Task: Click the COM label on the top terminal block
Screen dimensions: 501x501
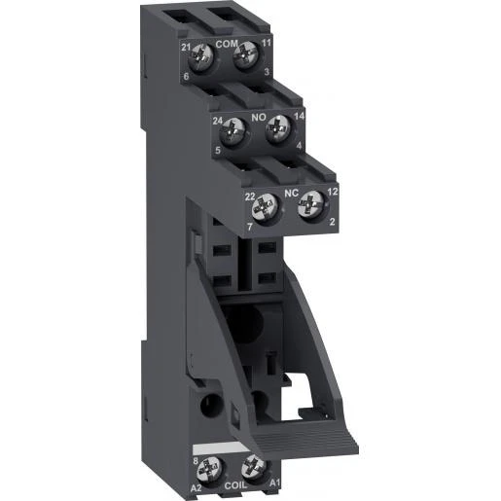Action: pyautogui.click(x=227, y=44)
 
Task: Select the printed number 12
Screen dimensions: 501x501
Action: pyautogui.click(x=331, y=193)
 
